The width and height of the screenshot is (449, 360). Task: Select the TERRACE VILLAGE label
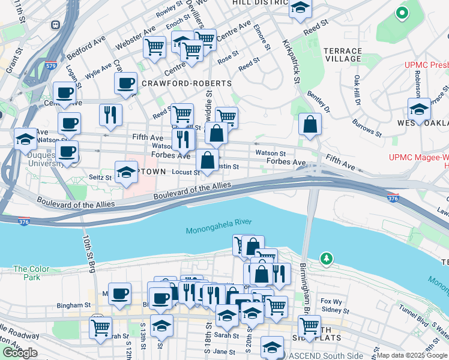coord(343,55)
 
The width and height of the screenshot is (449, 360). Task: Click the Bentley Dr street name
coord(319,101)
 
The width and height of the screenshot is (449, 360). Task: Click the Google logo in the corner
coord(20,353)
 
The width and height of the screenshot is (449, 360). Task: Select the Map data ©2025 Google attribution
coord(411,355)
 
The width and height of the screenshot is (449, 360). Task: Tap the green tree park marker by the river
coord(326,259)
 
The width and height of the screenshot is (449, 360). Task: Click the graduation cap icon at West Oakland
coord(419,110)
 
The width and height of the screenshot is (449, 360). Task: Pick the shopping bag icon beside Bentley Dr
coord(310,125)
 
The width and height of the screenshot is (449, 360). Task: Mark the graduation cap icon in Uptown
coord(126,173)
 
